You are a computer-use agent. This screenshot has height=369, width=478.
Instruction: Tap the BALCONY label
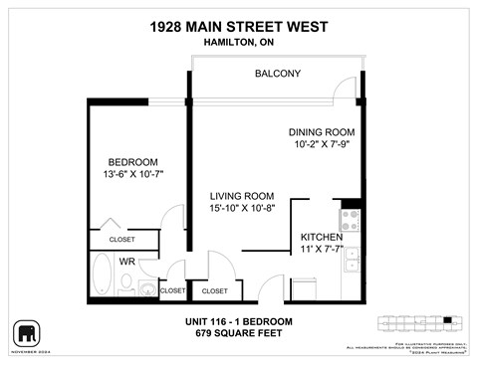[278, 74]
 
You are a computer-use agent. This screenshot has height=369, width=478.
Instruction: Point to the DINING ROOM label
[323, 132]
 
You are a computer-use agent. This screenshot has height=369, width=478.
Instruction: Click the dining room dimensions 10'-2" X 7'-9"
[323, 145]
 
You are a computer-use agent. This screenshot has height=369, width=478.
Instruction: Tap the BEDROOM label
[133, 162]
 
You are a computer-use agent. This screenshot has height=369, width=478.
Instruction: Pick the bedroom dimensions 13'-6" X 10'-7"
[133, 176]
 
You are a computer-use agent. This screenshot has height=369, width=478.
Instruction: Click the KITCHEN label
[322, 237]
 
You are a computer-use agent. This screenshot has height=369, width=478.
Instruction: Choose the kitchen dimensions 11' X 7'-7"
[322, 250]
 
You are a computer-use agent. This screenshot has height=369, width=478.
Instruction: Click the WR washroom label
[127, 262]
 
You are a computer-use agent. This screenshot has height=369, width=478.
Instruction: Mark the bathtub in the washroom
[102, 274]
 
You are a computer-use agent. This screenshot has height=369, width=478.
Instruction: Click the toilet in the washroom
[146, 289]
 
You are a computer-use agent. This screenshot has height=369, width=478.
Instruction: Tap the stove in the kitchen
[351, 219]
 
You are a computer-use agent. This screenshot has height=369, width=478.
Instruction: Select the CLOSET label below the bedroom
[121, 240]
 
